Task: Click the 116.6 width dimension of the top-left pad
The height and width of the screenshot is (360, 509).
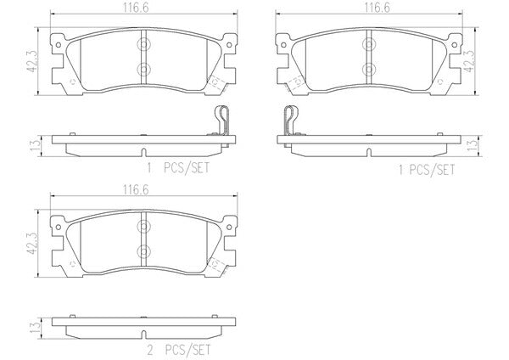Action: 136,8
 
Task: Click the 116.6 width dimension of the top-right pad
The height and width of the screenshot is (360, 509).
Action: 377,8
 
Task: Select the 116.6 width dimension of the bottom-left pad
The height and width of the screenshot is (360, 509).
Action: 136,189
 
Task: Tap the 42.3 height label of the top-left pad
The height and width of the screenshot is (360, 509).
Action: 33,62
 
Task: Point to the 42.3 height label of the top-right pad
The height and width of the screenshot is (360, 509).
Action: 470,62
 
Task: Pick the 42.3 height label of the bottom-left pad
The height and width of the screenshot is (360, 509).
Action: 33,244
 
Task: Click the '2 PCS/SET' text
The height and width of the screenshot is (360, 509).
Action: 179,350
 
